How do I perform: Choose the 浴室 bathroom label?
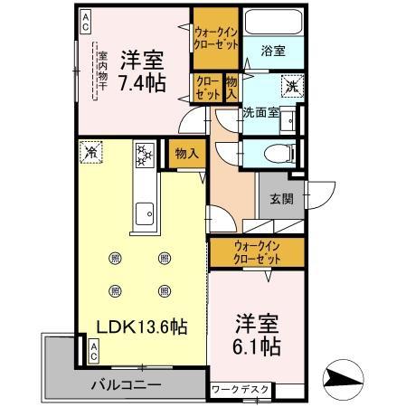[273, 52]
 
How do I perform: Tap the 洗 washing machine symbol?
[291, 88]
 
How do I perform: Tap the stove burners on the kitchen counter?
[145, 154]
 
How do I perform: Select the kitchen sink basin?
[144, 215]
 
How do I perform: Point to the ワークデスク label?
[240, 390]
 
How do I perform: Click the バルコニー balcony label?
[126, 384]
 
